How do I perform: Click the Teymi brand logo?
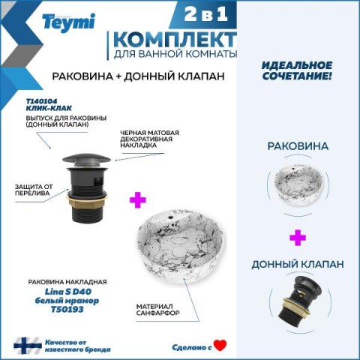pos(69,22)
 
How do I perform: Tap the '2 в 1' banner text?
pos(206,14)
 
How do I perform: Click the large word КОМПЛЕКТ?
pos(175,40)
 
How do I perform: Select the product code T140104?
pos(41,101)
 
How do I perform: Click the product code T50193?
pos(67,310)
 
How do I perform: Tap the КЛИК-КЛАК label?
pos(49,108)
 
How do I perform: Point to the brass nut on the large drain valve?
pos(87,200)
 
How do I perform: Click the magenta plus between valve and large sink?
pos(138,200)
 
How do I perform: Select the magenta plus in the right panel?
pos(298,238)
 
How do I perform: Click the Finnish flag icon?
pos(28,345)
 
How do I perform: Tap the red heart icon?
pos(220,345)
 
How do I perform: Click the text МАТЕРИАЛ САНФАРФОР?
pos(158,310)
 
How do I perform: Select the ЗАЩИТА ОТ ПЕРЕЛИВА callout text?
pos(34,190)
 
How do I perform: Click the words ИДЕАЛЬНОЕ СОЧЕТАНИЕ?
pos(297,70)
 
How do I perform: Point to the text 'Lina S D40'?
pos(68,292)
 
